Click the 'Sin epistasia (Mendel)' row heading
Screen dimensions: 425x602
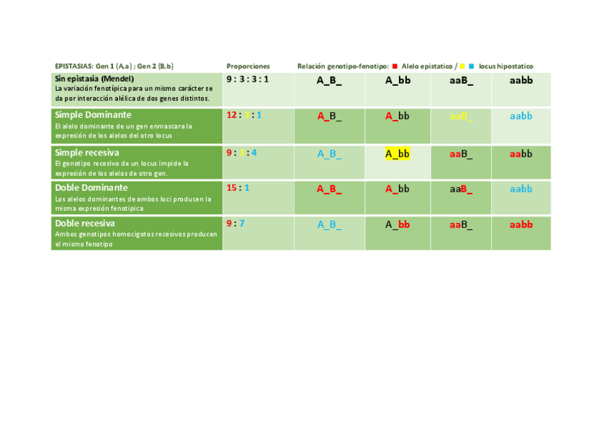[94, 79]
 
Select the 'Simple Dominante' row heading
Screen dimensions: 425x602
[93, 115]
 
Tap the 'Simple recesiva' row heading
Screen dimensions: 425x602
[87, 153]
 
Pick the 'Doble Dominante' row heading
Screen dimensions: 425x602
[92, 188]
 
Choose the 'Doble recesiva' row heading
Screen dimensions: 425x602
[84, 223]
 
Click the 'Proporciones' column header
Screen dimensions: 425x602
[248, 66]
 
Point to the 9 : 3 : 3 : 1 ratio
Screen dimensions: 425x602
[247, 79]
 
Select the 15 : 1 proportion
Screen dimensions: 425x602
[238, 188]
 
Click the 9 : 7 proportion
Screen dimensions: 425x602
[235, 223]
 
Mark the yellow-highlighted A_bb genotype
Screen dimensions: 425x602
[398, 153]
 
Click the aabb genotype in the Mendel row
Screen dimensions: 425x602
[521, 80]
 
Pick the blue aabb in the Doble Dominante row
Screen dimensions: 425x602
[521, 189]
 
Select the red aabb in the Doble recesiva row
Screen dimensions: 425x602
[521, 225]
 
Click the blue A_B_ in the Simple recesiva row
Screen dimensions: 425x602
[329, 153]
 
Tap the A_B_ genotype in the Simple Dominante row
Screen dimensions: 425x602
[329, 116]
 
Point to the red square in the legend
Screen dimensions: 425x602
[395, 66]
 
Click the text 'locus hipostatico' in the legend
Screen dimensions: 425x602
[505, 66]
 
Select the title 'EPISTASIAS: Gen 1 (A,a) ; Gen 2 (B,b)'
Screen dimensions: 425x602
[114, 66]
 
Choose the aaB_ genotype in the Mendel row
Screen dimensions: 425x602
[461, 80]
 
